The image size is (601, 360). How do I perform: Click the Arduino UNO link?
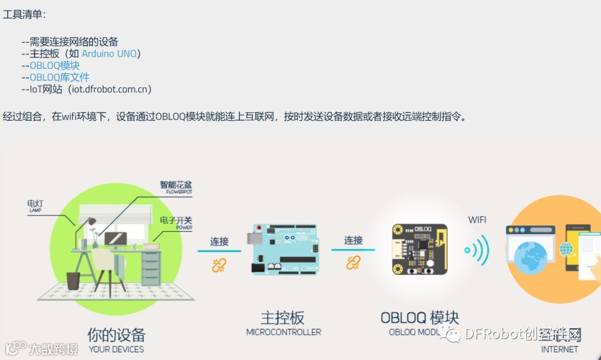click(109, 54)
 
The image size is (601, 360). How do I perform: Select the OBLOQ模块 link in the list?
click(55, 66)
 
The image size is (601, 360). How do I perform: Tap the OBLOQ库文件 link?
click(59, 77)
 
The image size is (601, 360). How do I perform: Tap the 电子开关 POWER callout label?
click(176, 222)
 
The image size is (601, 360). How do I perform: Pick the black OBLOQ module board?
click(420, 249)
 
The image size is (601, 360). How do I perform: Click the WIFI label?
click(477, 220)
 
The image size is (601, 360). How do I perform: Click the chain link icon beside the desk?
click(219, 265)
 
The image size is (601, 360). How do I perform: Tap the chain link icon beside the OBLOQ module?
click(353, 263)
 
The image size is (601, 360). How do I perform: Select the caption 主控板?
click(283, 318)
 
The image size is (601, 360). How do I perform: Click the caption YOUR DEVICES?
click(116, 349)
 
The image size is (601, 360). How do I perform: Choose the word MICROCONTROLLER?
click(283, 332)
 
